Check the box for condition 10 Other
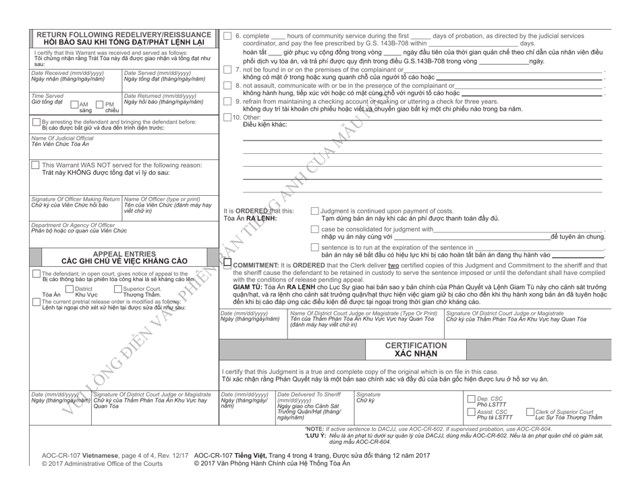click(227, 118)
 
